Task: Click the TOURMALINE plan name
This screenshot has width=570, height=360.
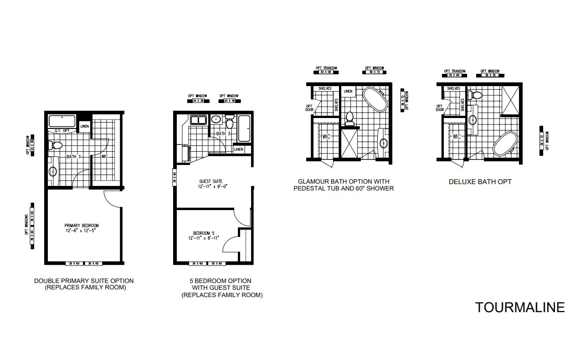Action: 520,308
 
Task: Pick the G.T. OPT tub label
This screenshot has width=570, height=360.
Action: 62,131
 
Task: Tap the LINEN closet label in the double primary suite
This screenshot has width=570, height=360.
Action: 85,126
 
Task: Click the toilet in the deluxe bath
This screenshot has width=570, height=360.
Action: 477,95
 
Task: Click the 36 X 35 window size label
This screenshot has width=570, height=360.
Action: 490,76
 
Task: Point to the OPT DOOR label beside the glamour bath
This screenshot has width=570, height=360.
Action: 309,108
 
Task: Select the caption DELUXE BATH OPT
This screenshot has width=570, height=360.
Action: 480,182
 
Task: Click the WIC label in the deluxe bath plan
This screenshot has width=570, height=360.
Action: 457,137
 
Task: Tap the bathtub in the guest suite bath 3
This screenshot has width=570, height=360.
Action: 244,129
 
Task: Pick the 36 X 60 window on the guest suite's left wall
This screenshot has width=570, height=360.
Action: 175,177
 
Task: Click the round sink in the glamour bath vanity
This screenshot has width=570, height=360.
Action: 384,144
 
